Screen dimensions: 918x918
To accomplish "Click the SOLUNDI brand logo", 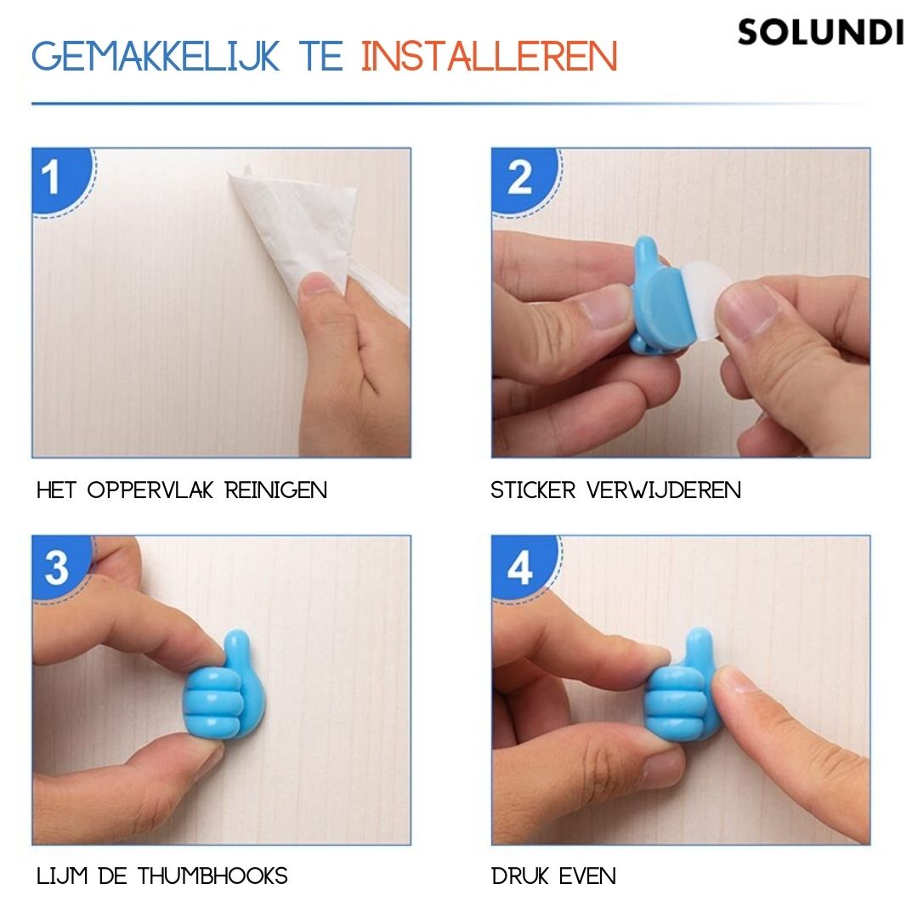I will click(x=820, y=32).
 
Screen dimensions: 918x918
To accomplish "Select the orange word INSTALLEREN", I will click(x=489, y=56).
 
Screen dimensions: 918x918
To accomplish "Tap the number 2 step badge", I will click(x=518, y=178).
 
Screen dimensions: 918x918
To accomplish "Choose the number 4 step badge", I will click(x=519, y=567).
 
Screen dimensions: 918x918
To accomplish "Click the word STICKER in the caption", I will click(x=533, y=490).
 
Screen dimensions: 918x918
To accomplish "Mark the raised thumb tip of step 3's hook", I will click(x=241, y=644).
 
